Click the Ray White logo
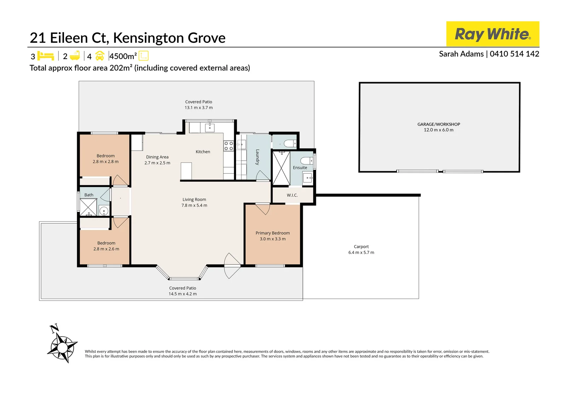point(492,34)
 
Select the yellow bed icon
point(46,56)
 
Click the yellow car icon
point(100,56)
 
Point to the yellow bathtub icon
point(75,56)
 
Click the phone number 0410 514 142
point(514,54)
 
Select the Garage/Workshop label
point(439,124)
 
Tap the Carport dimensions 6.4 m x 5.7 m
point(361,252)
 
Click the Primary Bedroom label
point(273,233)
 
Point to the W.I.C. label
point(292,195)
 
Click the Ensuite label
point(300,168)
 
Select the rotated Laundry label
point(258,157)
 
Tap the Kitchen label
point(203,152)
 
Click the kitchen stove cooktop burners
point(229,146)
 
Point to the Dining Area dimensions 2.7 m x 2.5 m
point(157,163)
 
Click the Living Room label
point(194,199)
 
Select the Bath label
point(89,195)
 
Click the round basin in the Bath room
point(104,210)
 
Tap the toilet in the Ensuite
point(307,161)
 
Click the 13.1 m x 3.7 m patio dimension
point(198,108)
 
